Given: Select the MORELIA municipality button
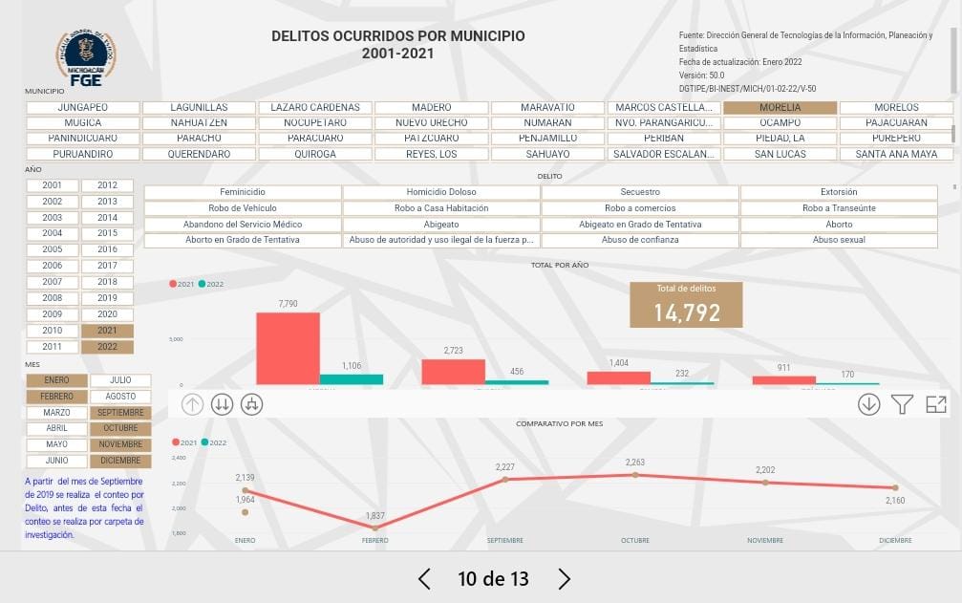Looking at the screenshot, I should pos(780,108).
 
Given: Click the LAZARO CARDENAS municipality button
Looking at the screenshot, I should pos(315,108).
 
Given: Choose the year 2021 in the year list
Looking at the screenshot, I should pos(107,331).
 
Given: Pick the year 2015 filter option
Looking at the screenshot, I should pos(107,233).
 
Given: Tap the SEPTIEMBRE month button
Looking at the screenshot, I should pos(120,413).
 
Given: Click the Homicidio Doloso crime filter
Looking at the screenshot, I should pos(441,192).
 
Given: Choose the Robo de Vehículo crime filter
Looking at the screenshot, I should pos(243,208).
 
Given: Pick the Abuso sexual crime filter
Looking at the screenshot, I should pos(839,240).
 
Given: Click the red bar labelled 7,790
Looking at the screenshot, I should pos(288,348).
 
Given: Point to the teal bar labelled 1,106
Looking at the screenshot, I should pos(351,379).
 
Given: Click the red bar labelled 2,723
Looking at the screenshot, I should pos(453,372).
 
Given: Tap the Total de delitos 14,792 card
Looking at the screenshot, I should pos(686,305).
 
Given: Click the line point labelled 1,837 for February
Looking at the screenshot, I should pos(375,528).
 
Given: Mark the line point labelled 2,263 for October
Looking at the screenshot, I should pos(635,475).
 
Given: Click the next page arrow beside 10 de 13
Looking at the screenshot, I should pos(564,578).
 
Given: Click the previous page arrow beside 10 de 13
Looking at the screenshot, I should pos(425,578).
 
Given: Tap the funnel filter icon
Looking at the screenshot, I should pos(903,404).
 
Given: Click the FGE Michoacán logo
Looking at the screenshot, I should pos(86,55).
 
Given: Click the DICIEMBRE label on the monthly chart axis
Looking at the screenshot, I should pos(895,541).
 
